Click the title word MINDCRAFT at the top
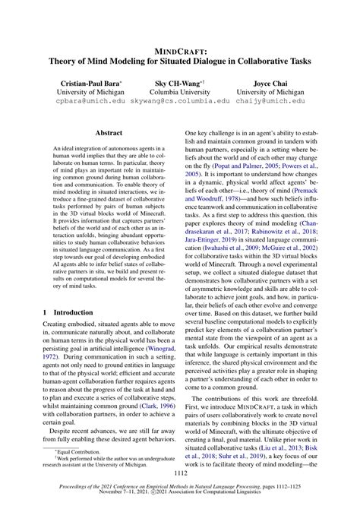[180, 51]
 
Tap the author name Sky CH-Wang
[178, 80]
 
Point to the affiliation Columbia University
[180, 90]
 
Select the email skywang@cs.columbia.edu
[181, 100]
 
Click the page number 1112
[180, 473]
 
